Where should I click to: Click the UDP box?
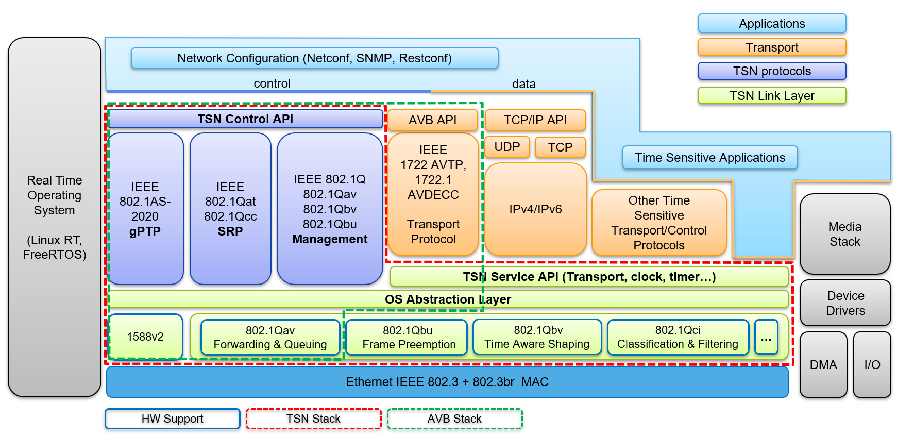[507, 147]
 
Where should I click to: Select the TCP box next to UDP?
[560, 147]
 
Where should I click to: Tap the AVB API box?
[433, 120]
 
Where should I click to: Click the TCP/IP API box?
[535, 120]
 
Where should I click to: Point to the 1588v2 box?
[145, 337]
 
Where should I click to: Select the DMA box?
[823, 365]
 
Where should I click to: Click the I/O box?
[872, 365]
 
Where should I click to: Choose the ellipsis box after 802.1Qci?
[766, 337]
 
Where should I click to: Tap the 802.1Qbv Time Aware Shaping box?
[537, 337]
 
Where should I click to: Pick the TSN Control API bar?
[245, 119]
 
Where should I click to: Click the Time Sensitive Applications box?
[709, 158]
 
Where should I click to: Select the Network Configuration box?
[314, 58]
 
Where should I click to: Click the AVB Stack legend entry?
[454, 419]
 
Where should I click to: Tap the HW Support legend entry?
[172, 419]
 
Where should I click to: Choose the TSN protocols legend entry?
[771, 71]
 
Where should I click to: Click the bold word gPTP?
[145, 231]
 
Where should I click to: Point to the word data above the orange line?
[523, 84]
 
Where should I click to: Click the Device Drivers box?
[845, 303]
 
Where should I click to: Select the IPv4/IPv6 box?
[535, 209]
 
